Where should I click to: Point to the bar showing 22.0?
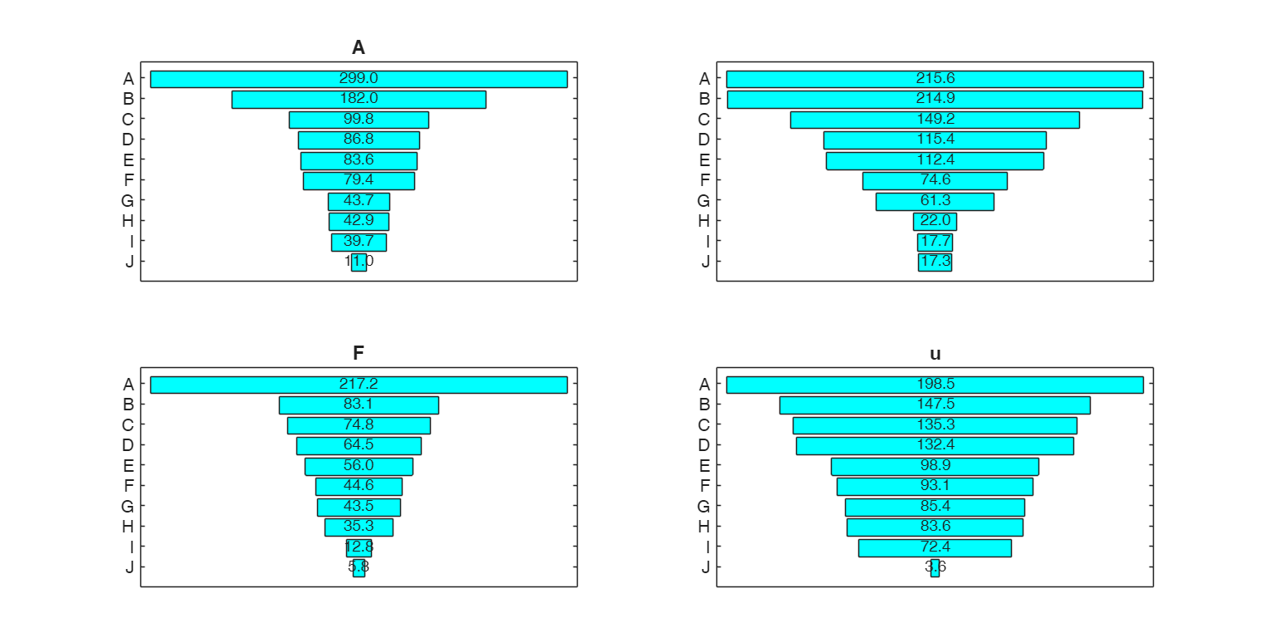click(935, 222)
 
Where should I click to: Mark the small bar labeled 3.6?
click(935, 568)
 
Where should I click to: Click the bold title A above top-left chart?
click(359, 48)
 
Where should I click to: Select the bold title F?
click(359, 354)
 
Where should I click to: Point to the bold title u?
click(935, 354)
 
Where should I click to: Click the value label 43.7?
click(359, 201)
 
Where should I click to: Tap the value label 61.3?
click(935, 201)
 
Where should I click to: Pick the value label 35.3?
click(359, 527)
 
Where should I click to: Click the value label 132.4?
click(935, 445)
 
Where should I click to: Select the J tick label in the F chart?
click(129, 568)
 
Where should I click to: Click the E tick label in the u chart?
click(705, 466)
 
